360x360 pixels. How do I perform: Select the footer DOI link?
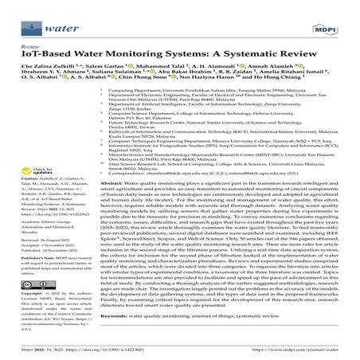(x=120, y=349)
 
